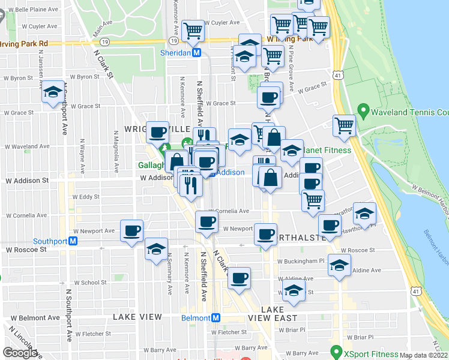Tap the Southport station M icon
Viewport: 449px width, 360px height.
73,241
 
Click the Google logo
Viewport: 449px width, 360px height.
20,353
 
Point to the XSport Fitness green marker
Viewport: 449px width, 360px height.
336,351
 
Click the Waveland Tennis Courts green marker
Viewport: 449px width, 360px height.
362,111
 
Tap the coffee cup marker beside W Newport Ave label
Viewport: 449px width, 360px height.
131,231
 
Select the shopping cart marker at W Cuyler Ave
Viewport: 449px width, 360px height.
193,29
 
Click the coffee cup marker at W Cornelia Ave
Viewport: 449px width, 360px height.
207,222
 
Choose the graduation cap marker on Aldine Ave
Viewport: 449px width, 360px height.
339,265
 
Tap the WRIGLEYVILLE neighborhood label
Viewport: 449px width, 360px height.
156,130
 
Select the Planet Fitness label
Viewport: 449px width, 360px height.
328,150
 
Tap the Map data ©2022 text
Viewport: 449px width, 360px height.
424,355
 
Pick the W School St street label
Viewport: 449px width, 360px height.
90,283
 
